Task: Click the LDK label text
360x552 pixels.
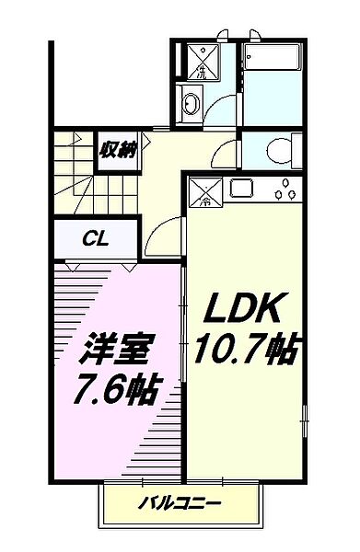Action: (243, 305)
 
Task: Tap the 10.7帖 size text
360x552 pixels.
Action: (244, 349)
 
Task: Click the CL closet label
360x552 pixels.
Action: (96, 239)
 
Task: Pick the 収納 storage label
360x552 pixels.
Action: (119, 150)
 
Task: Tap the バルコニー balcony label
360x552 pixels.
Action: (180, 503)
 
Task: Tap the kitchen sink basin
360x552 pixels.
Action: (241, 190)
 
